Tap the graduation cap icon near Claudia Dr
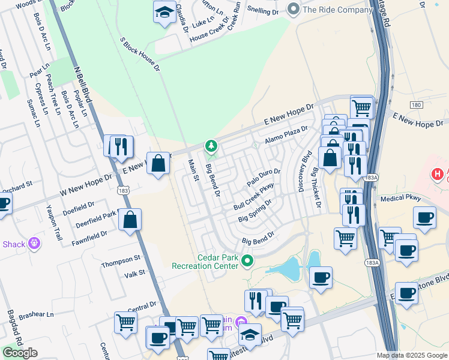(x=164, y=13)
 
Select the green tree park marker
(x=211, y=145)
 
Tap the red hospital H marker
(x=438, y=174)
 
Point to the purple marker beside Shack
(x=35, y=244)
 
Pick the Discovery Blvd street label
(x=304, y=171)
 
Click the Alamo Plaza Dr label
(x=286, y=133)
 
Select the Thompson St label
(x=120, y=262)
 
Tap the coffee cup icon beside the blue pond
(x=321, y=277)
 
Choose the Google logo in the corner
(x=20, y=352)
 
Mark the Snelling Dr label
(x=263, y=11)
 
